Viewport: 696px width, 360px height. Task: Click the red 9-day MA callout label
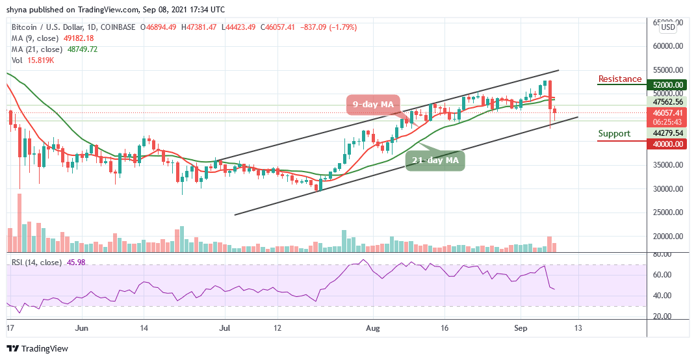pos(373,104)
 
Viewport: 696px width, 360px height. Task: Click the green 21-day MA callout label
pos(436,160)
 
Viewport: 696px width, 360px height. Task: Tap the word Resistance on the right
pos(619,79)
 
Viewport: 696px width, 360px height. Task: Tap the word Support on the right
pos(614,134)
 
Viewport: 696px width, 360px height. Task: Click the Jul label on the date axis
pos(225,328)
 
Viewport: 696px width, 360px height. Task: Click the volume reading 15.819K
pos(44,60)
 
